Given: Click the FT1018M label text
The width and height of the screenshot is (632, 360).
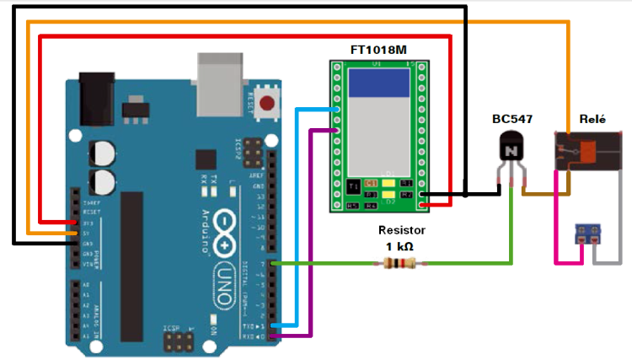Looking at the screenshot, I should pos(378,51).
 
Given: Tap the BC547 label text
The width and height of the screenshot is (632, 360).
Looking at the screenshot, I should pos(511,118).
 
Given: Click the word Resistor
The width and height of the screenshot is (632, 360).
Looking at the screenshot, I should pos(402,229).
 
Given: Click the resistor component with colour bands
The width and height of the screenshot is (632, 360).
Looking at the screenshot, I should pos(399,264).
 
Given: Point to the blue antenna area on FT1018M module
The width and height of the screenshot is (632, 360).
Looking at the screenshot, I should pos(379,82).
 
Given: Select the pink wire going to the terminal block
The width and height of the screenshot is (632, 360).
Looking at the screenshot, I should pos(556,240).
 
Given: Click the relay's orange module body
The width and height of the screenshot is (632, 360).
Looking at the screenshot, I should pos(587,152).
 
